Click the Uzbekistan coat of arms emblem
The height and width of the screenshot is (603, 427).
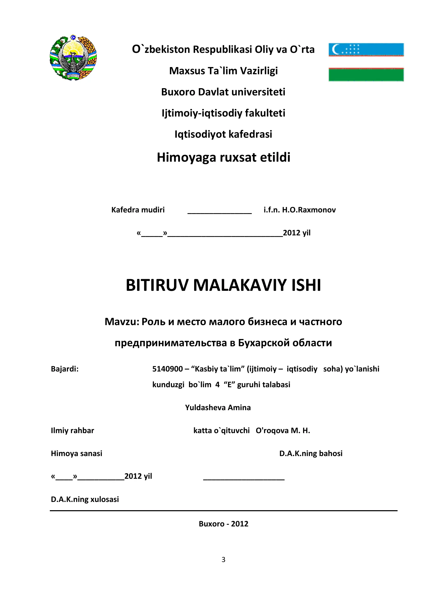pos(73,58)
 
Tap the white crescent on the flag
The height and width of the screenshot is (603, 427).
pos(335,49)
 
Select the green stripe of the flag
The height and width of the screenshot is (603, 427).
pos(366,75)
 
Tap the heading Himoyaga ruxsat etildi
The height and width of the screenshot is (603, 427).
pos(224,157)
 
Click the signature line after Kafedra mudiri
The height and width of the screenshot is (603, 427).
pos(219,213)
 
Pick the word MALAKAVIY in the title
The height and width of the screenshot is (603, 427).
pos(240,285)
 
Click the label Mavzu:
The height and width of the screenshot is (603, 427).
pos(122,322)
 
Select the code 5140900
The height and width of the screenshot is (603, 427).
pos(168,369)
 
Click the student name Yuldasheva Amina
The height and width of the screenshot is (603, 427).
pos(218,407)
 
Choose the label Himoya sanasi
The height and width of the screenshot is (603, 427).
pos(76,453)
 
